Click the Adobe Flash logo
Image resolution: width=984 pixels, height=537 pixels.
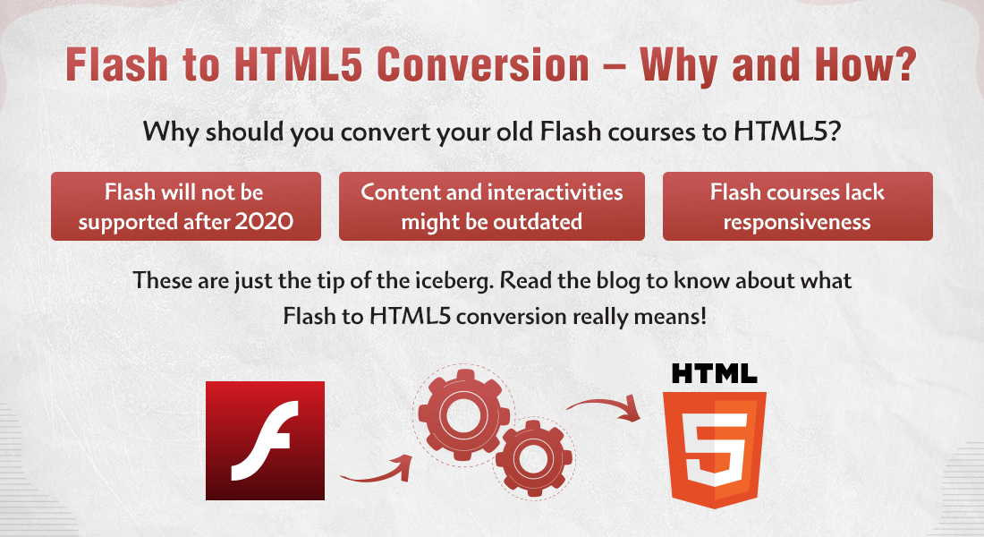pyautogui.click(x=265, y=440)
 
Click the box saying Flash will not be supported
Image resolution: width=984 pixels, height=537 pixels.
pyautogui.click(x=186, y=207)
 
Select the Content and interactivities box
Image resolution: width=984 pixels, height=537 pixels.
pyautogui.click(x=491, y=207)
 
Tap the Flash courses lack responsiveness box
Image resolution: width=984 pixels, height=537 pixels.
pyautogui.click(x=797, y=207)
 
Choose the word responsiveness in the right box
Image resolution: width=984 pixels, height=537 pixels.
pyautogui.click(x=797, y=222)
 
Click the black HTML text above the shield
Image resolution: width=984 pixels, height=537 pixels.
pyautogui.click(x=715, y=373)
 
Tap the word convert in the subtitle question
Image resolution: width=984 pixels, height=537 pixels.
pyautogui.click(x=341, y=133)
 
